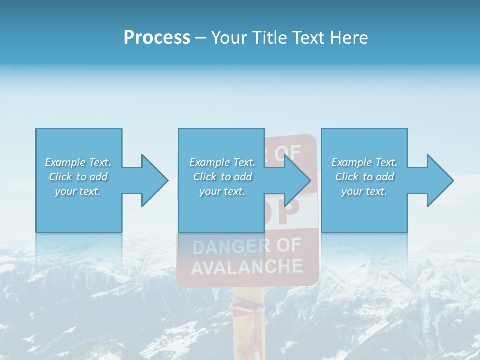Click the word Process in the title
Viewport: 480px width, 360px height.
(157, 38)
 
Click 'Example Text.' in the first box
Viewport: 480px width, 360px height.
(78, 162)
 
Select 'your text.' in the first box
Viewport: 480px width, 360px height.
(78, 191)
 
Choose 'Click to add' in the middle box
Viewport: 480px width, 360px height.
(222, 177)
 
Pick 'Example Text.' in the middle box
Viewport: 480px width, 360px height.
(222, 162)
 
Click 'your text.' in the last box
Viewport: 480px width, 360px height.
(364, 191)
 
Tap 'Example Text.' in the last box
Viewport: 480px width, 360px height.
(364, 162)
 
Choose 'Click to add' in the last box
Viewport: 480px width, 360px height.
(364, 177)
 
